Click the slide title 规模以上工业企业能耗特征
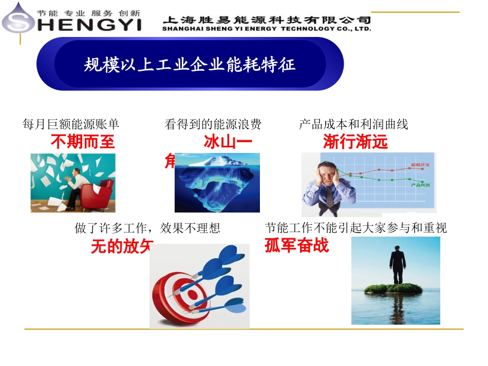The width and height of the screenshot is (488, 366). tap(190, 65)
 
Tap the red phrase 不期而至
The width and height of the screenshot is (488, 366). tap(83, 142)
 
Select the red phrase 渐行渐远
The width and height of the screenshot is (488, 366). tap(355, 142)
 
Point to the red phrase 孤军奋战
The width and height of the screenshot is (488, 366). tap(296, 246)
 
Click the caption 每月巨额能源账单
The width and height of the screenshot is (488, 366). tap(71, 124)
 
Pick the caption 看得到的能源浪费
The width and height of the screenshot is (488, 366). tap(213, 124)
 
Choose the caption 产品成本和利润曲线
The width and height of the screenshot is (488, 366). tap(353, 124)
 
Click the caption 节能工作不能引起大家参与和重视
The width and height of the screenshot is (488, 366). tap(356, 227)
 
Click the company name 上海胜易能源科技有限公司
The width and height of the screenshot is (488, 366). tap(267, 20)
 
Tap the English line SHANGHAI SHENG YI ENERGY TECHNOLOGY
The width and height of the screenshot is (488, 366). tap(267, 29)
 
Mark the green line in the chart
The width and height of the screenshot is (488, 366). tap(390, 180)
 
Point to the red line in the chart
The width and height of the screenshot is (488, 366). tap(390, 169)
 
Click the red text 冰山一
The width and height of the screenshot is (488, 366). tap(228, 142)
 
